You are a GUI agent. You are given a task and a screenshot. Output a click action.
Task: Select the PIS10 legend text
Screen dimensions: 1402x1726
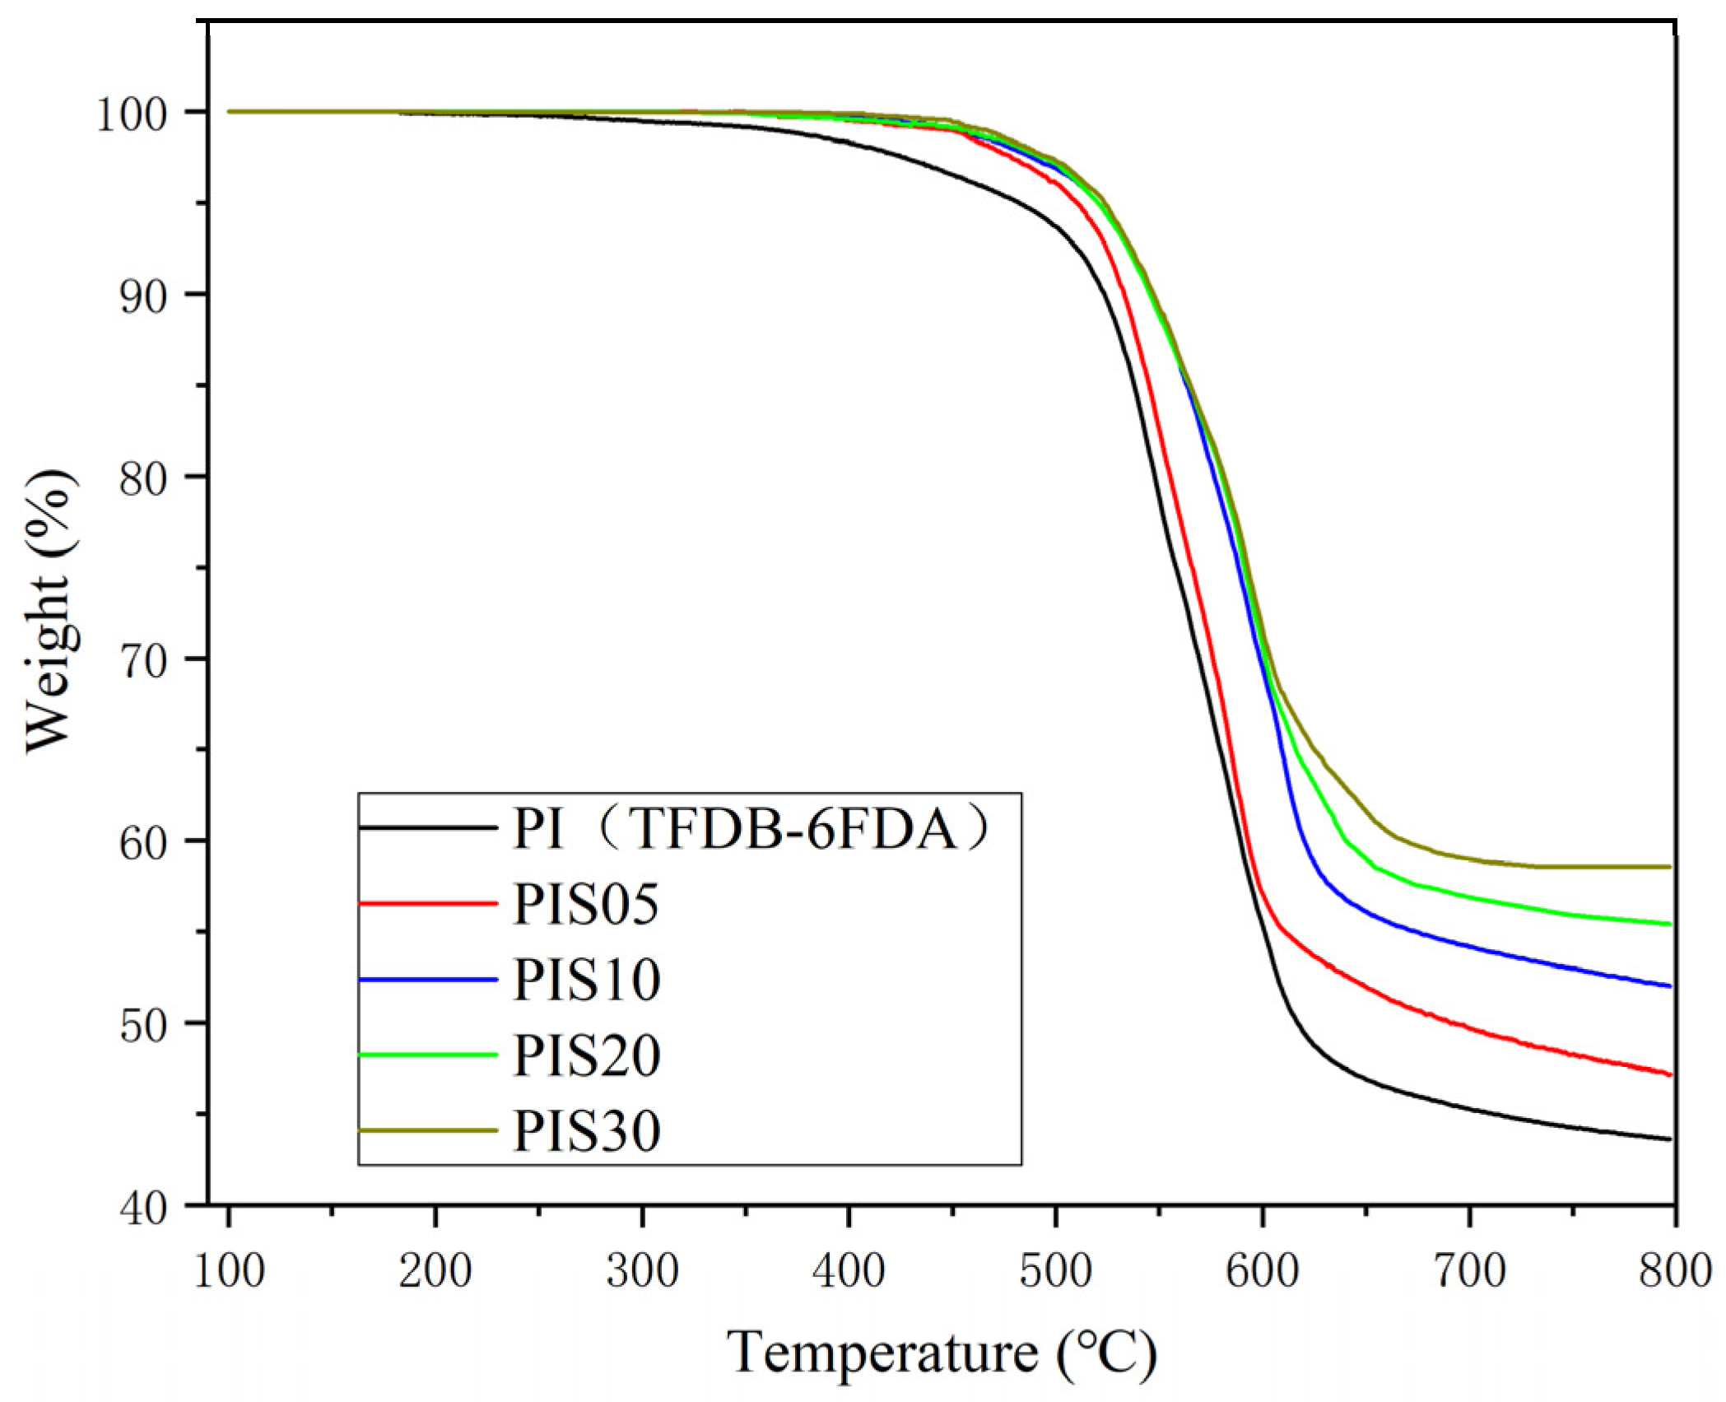pyautogui.click(x=586, y=980)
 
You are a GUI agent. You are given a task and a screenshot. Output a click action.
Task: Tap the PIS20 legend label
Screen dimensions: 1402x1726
pyautogui.click(x=586, y=1055)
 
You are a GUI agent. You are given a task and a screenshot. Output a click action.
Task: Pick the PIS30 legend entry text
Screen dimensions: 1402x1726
pyautogui.click(x=586, y=1131)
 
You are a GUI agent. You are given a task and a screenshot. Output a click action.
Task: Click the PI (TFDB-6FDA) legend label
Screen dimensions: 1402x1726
pyautogui.click(x=751, y=828)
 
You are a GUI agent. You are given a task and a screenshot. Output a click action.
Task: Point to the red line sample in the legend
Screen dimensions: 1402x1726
pyautogui.click(x=428, y=903)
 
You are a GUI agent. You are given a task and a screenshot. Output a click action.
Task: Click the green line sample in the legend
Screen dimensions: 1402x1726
pyautogui.click(x=428, y=1055)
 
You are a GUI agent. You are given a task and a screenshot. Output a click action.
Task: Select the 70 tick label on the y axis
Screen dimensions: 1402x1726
pyautogui.click(x=143, y=661)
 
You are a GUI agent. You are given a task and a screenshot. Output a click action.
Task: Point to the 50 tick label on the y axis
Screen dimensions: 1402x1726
pyautogui.click(x=143, y=1026)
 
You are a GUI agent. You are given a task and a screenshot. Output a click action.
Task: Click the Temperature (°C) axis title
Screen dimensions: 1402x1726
pyautogui.click(x=942, y=1353)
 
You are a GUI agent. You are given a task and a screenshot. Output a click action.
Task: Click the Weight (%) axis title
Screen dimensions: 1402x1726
pyautogui.click(x=51, y=611)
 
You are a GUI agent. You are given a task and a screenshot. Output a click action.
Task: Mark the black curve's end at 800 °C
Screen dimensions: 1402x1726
pyautogui.click(x=1670, y=1139)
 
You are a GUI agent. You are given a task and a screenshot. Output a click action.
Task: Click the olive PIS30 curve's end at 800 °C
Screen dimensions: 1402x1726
pyautogui.click(x=1670, y=867)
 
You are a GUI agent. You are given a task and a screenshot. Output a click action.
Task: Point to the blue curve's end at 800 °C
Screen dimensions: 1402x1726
pyautogui.click(x=1670, y=986)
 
